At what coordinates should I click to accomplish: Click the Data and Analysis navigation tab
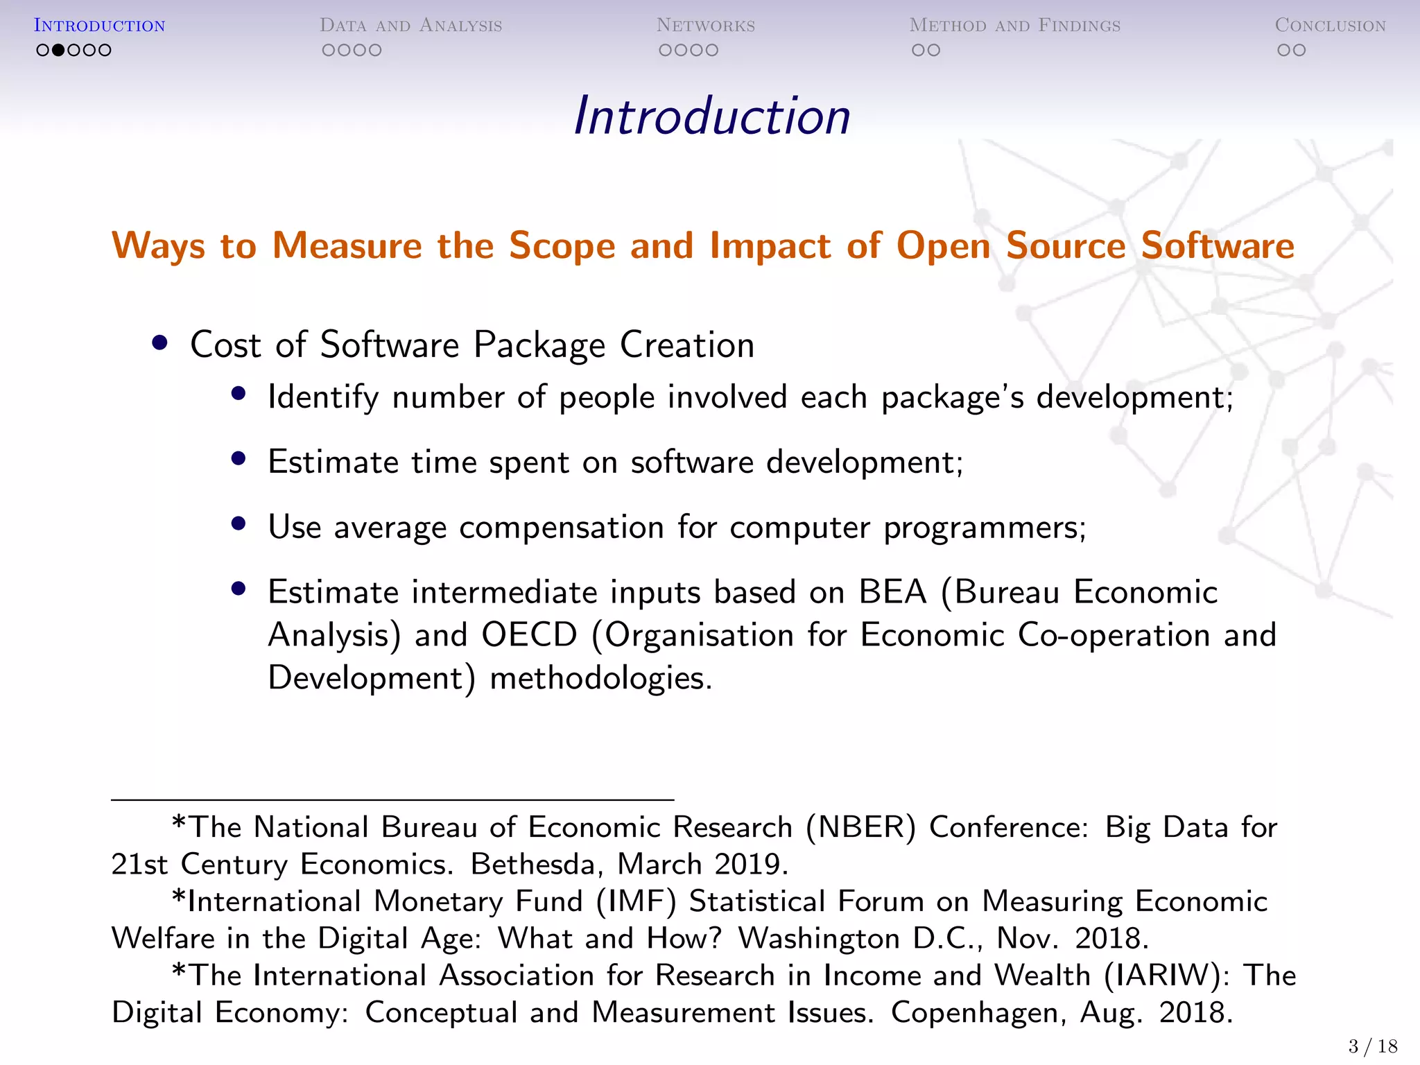pos(410,26)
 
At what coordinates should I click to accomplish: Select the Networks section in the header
pos(705,26)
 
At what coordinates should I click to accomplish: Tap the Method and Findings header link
pos(1014,26)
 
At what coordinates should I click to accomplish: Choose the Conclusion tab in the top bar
pos(1330,26)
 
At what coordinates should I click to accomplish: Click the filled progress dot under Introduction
pos(58,50)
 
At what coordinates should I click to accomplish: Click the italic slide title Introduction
pos(712,116)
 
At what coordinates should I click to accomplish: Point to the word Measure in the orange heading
pos(347,245)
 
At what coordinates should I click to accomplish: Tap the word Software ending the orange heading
pos(1218,245)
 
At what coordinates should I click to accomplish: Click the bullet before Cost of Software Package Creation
pos(160,343)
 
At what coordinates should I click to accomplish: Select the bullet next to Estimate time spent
pos(239,458)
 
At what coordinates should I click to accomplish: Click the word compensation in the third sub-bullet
pos(562,528)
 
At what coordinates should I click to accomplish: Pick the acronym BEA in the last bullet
pos(892,592)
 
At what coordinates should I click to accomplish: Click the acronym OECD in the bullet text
pos(529,635)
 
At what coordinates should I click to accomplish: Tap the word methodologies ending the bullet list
pos(600,678)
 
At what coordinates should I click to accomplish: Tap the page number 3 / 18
pos(1372,1046)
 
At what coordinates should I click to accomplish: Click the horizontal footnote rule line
pos(392,800)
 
